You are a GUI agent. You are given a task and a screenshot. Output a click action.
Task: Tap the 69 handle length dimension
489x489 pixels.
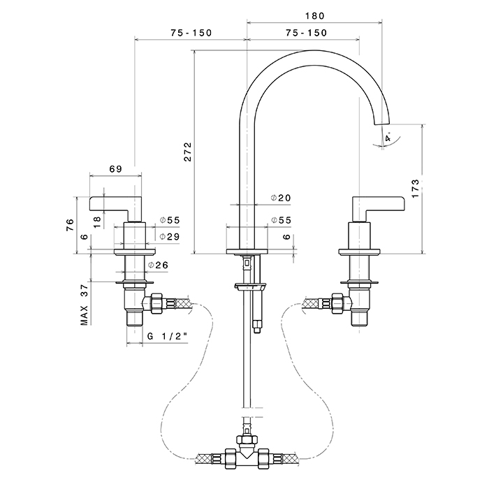[115, 169]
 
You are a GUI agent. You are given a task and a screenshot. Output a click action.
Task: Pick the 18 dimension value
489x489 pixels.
[97, 219]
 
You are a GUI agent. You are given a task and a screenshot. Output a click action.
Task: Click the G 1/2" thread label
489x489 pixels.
[168, 337]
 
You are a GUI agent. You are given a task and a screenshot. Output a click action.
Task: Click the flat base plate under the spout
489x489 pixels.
[247, 251]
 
